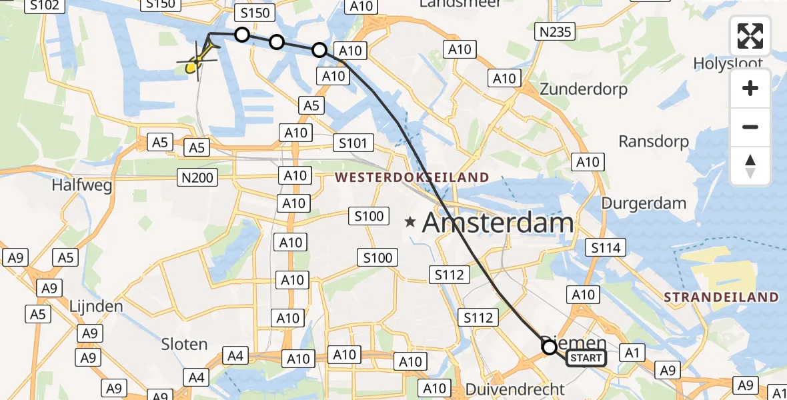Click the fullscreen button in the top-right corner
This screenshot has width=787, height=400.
[x=750, y=36]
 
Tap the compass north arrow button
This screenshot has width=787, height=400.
[x=750, y=167]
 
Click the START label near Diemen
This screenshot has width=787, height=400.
[x=586, y=359]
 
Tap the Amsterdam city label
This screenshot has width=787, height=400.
[x=498, y=223]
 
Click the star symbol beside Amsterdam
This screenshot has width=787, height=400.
[x=411, y=222]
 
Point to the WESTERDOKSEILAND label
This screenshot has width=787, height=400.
[x=412, y=178]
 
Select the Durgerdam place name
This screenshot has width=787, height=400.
[x=644, y=203]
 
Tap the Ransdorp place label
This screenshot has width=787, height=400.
[x=654, y=141]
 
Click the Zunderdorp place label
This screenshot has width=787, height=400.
[x=583, y=89]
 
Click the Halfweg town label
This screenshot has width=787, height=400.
[x=81, y=185]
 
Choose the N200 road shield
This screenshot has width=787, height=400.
[x=195, y=177]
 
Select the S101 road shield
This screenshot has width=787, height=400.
[x=353, y=143]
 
